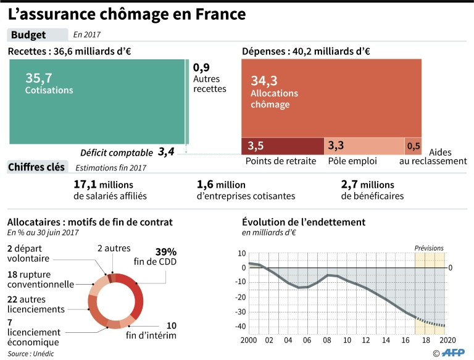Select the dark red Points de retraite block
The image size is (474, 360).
[283, 146]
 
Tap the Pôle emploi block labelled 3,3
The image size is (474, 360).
[364, 146]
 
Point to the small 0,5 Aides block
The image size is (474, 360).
[414, 146]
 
